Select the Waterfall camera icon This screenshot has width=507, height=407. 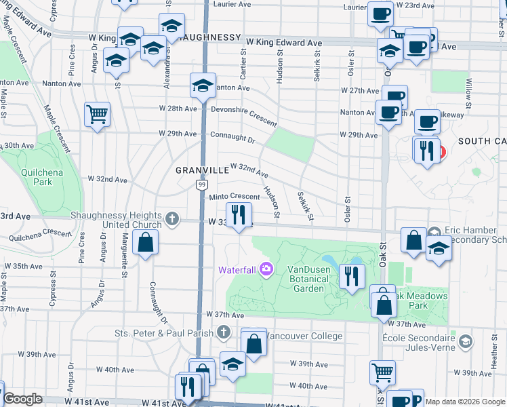tap(265, 270)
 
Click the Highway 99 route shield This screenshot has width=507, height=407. tap(202, 184)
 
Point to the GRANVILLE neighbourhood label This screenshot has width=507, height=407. tap(202, 170)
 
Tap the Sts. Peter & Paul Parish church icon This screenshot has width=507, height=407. tap(225, 332)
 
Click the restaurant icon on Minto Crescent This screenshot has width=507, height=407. tap(238, 215)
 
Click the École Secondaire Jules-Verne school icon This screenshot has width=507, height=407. tap(465, 343)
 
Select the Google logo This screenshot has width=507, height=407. tap(23, 400)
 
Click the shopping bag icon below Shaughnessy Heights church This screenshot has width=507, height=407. tap(146, 242)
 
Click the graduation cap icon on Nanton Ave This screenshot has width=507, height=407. tap(202, 85)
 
